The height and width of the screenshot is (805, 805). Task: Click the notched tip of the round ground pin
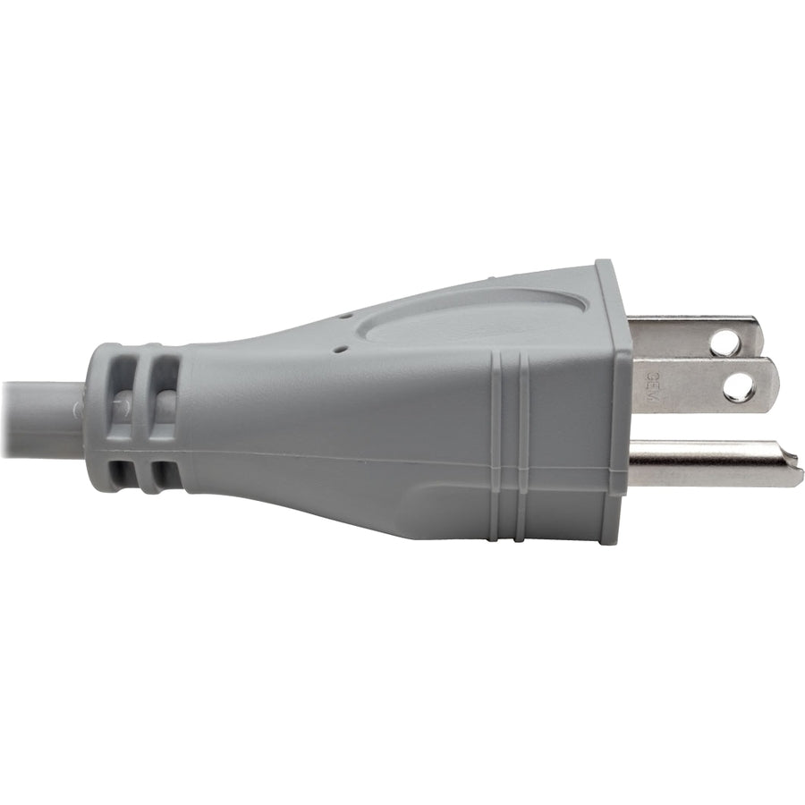pyautogui.click(x=792, y=464)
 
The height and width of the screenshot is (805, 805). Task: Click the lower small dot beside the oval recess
pyautogui.click(x=337, y=351)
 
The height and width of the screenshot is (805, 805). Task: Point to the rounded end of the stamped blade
pyautogui.click(x=771, y=386)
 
